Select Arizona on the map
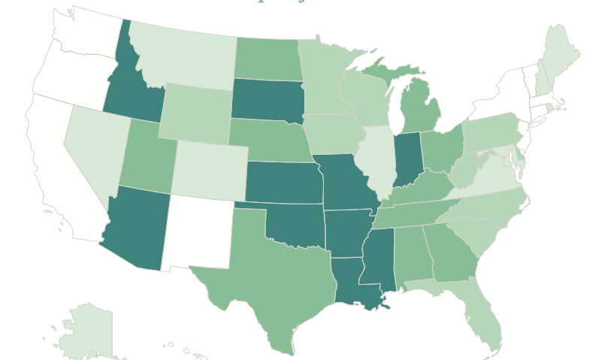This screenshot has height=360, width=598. pyautogui.click(x=135, y=225)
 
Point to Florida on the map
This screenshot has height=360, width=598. pyautogui.click(x=481, y=316)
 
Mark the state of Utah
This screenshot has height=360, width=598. pyautogui.click(x=146, y=154)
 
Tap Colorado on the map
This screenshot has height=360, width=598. pyautogui.click(x=209, y=169)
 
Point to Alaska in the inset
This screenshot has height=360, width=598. pyautogui.click(x=86, y=331)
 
